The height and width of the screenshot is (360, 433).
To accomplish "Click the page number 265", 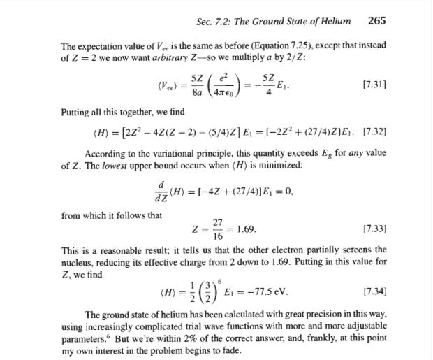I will pos(376,20).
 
